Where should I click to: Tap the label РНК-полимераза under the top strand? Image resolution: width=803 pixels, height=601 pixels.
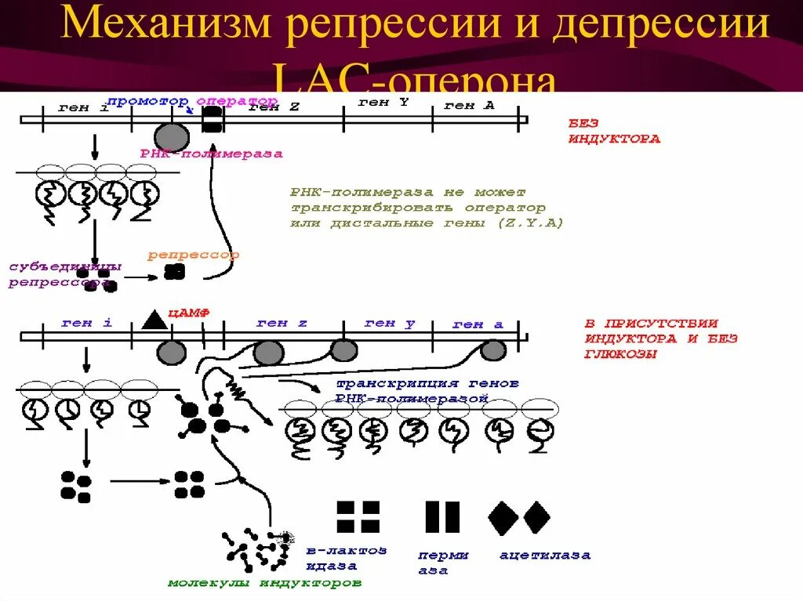coord(212,154)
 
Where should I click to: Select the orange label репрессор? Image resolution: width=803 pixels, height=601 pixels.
coord(193,255)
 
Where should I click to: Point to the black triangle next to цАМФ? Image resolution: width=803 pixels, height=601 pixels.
coord(154,318)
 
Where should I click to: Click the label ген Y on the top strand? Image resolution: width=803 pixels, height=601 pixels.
coord(383,102)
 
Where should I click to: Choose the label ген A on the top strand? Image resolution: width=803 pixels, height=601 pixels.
coord(469,105)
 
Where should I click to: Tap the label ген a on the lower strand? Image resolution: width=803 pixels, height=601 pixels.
coord(478,324)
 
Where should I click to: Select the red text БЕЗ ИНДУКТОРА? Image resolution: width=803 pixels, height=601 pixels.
coord(613,131)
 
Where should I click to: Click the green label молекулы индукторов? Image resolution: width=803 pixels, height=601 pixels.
coord(265,583)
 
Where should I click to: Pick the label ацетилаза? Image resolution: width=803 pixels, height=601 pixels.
coord(545,556)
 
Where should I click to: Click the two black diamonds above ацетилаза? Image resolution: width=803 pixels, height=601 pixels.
coord(519,518)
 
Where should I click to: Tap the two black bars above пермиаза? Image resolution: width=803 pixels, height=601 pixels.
coord(441,518)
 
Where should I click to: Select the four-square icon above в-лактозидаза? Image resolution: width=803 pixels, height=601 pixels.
coord(358,517)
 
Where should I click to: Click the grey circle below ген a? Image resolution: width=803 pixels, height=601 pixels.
coord(492,351)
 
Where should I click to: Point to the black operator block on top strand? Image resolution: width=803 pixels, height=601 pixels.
coord(213,119)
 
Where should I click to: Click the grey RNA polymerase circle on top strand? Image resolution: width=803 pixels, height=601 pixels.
coord(171,136)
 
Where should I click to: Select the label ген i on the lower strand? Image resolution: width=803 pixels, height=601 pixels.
coord(76,322)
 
